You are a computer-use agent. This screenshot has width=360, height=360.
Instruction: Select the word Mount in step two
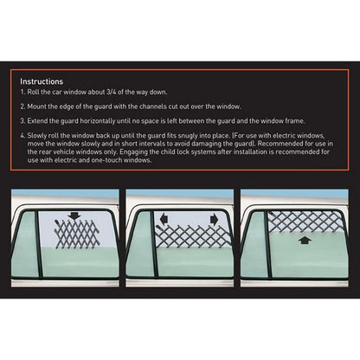[x=38, y=106]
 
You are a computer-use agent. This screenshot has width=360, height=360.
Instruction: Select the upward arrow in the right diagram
[x=303, y=242]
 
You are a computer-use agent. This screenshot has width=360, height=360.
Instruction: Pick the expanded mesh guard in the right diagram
[x=302, y=222]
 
